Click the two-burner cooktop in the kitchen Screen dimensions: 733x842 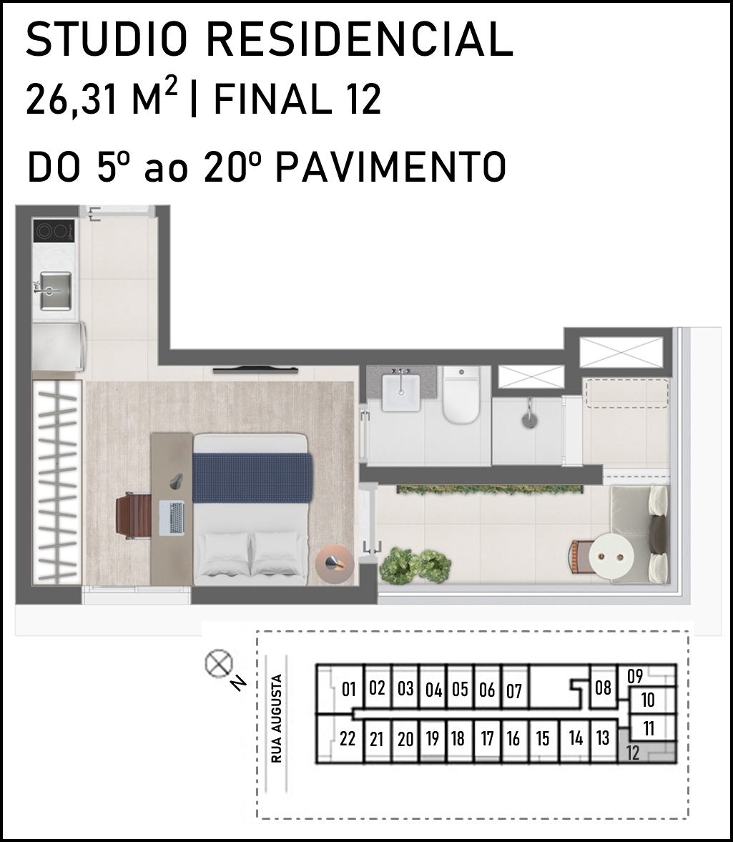[53, 231]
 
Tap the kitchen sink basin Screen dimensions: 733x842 [56, 290]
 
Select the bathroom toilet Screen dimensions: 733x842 [461, 395]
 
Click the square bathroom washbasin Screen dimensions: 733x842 [401, 393]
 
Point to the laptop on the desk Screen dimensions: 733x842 [172, 517]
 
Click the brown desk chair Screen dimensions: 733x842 [134, 515]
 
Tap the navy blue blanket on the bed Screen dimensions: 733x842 [252, 478]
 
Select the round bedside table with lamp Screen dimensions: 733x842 [334, 564]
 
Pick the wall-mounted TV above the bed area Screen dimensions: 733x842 [255, 369]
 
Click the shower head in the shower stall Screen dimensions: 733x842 [529, 414]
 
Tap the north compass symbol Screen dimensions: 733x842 [219, 663]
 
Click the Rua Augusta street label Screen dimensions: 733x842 [277, 718]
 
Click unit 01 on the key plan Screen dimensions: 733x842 [349, 689]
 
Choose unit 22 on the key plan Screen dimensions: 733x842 [348, 739]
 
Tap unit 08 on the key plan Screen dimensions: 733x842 [603, 687]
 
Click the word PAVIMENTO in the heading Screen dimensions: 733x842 [390, 167]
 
